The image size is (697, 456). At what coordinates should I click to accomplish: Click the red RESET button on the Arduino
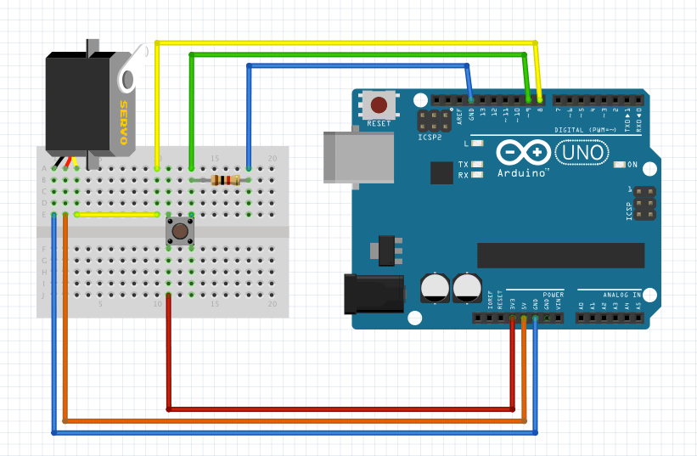pos(379,105)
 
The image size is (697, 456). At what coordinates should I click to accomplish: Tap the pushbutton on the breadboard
pos(180,229)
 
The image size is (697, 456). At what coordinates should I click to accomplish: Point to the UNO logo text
pos(582,153)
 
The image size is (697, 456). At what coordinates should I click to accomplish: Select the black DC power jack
pos(374,294)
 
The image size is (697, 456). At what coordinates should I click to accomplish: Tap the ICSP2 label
pos(430,136)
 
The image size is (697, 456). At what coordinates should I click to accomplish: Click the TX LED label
pos(463,164)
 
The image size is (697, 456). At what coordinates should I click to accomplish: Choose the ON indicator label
pos(631,164)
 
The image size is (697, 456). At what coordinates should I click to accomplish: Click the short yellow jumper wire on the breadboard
pos(118,215)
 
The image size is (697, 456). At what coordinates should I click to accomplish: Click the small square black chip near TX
pos(442,173)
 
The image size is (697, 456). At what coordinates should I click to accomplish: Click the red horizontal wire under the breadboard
pos(340,409)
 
